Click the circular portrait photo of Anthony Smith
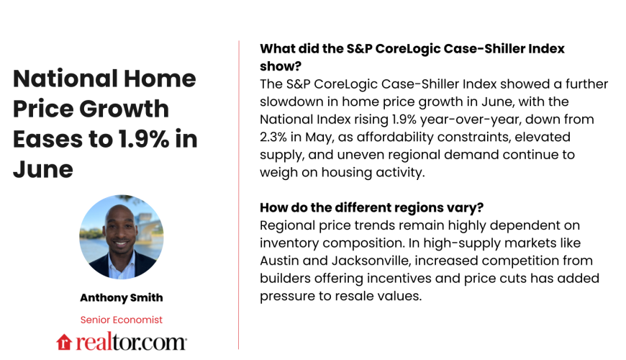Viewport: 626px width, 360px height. (121, 237)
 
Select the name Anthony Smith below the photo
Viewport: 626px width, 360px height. (121, 297)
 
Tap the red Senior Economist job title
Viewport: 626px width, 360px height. (121, 320)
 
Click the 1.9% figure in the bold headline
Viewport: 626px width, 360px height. (146, 139)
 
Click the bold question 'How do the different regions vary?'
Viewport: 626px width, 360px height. (371, 208)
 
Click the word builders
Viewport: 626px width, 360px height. (290, 278)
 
